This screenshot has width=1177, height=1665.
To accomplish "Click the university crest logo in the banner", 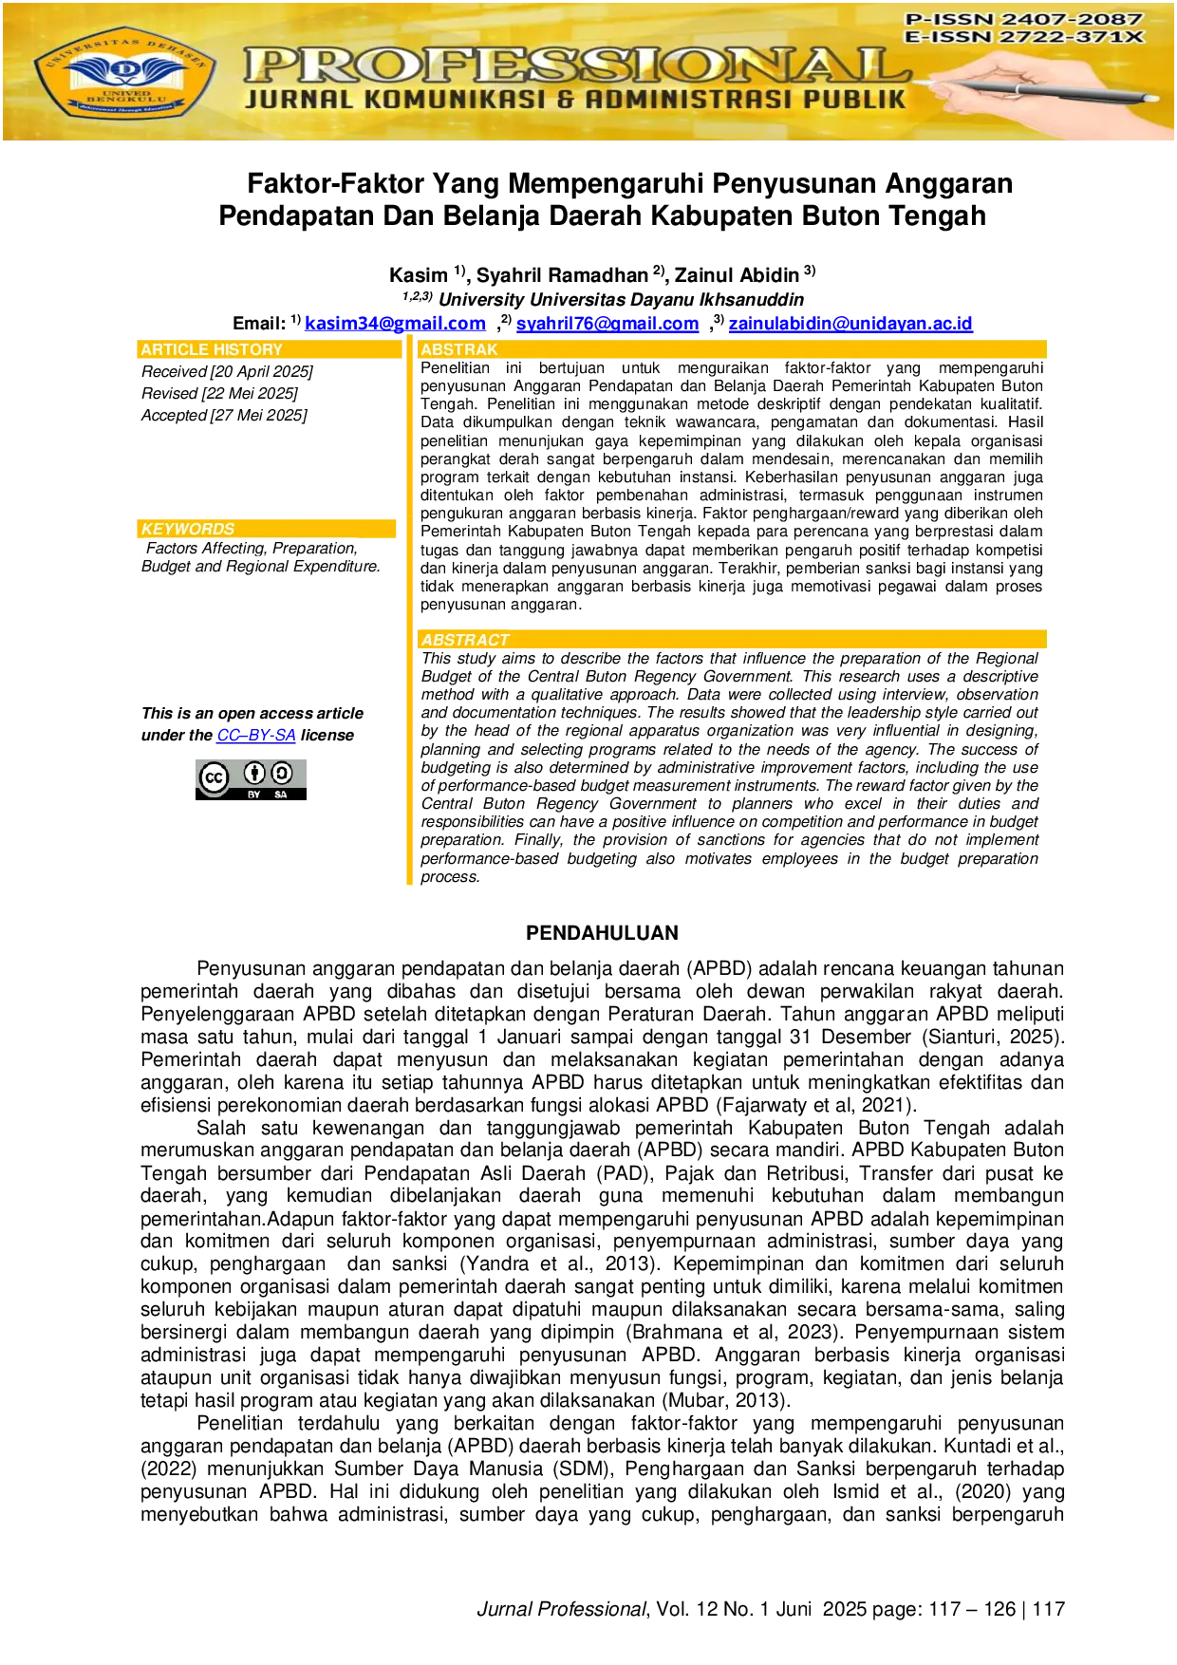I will [124, 73].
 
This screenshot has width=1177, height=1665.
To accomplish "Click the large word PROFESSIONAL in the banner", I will [576, 66].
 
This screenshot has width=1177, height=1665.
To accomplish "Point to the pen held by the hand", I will [1044, 90].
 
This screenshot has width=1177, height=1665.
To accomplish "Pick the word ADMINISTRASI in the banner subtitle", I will [687, 99].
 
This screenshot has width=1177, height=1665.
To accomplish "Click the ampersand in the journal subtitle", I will [566, 99].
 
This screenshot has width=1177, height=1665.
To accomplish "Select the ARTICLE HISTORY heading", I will [212, 349].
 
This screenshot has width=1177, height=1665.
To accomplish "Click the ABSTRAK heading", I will [459, 349].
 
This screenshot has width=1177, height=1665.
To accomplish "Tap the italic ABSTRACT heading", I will [465, 640].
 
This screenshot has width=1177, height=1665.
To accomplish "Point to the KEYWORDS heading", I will [188, 529].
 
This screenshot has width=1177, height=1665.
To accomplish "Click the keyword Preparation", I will [314, 548].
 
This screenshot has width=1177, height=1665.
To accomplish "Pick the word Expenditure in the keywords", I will [336, 566].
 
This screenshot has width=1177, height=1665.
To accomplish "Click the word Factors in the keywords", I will [172, 548].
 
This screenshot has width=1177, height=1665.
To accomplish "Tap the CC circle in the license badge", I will [215, 778].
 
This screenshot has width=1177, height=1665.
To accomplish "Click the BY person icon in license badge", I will [253, 774].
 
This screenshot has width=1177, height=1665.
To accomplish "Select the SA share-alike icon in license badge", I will [281, 774].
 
